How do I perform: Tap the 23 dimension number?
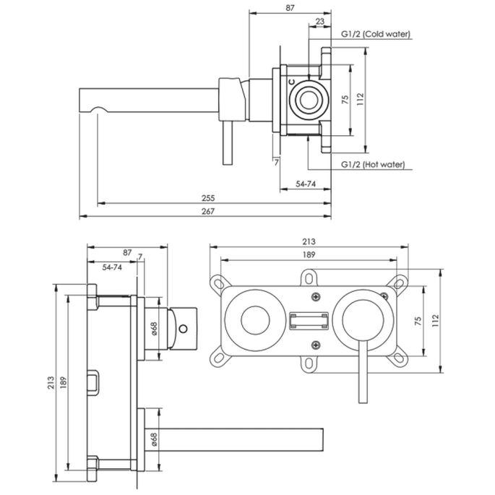(x=319, y=22)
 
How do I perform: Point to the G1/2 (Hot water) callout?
(x=373, y=165)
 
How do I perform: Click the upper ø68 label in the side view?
(x=154, y=330)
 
